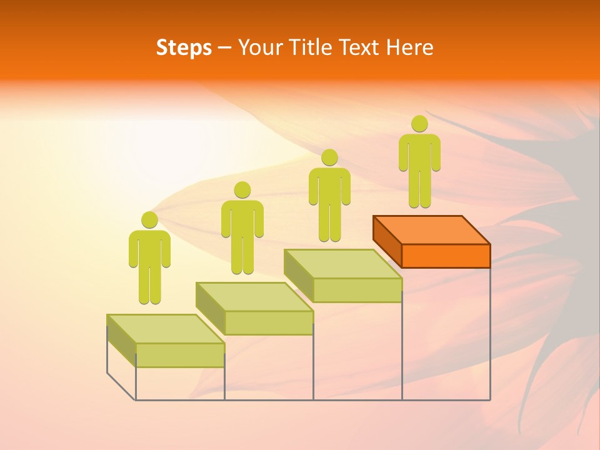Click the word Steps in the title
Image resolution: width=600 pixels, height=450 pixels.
click(x=184, y=47)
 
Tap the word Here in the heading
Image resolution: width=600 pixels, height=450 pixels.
click(x=409, y=47)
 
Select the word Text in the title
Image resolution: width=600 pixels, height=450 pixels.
click(x=359, y=47)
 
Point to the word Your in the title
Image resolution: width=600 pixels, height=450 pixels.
click(x=259, y=47)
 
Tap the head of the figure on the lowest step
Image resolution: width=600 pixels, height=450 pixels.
click(x=149, y=220)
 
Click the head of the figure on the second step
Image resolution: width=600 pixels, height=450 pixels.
click(x=242, y=190)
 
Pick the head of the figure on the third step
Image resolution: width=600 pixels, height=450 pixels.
click(x=329, y=157)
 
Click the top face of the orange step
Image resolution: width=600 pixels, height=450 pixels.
click(x=431, y=229)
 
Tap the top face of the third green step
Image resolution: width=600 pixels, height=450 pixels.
click(x=343, y=264)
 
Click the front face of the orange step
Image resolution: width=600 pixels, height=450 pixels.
click(x=446, y=256)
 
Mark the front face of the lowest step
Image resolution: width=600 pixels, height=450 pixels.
click(x=180, y=355)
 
